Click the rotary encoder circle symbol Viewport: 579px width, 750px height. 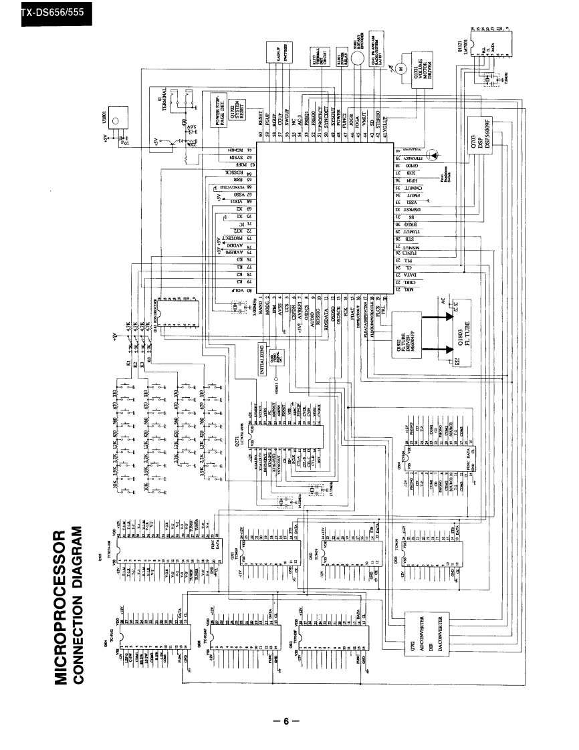pos(359,60)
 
